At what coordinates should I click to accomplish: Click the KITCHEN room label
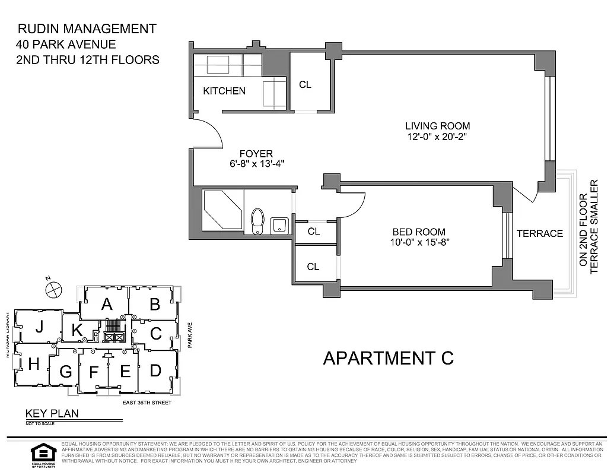pos(224,91)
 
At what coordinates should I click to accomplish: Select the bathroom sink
pos(279,225)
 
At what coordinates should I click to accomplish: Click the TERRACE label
pos(539,233)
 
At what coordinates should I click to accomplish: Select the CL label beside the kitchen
pos(305,84)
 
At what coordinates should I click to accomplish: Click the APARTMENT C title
pos(389,358)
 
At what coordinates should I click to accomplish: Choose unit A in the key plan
pos(107,305)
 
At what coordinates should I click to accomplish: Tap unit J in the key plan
pos(39,327)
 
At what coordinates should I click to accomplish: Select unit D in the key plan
pos(155,370)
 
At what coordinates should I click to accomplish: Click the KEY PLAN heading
pos(52,414)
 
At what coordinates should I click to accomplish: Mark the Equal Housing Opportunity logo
pos(43,455)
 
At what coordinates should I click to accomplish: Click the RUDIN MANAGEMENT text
pos(87,28)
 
